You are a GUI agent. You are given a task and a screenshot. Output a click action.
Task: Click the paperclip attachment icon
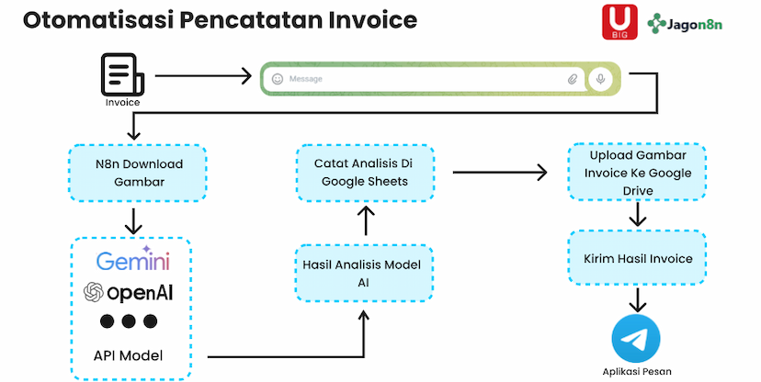coord(572,80)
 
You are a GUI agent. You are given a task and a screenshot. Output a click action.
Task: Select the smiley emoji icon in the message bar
coord(278,80)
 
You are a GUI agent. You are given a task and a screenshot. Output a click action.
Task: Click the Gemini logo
coord(133,262)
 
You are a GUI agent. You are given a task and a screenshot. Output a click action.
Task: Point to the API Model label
coord(128,354)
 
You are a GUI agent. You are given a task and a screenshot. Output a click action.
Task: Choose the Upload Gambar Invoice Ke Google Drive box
coord(636,173)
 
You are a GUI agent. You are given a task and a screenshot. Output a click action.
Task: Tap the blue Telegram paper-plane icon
coord(636,339)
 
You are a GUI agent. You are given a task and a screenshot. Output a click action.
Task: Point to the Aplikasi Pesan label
coord(636,373)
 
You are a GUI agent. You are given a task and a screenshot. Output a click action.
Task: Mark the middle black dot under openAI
coord(128,321)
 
